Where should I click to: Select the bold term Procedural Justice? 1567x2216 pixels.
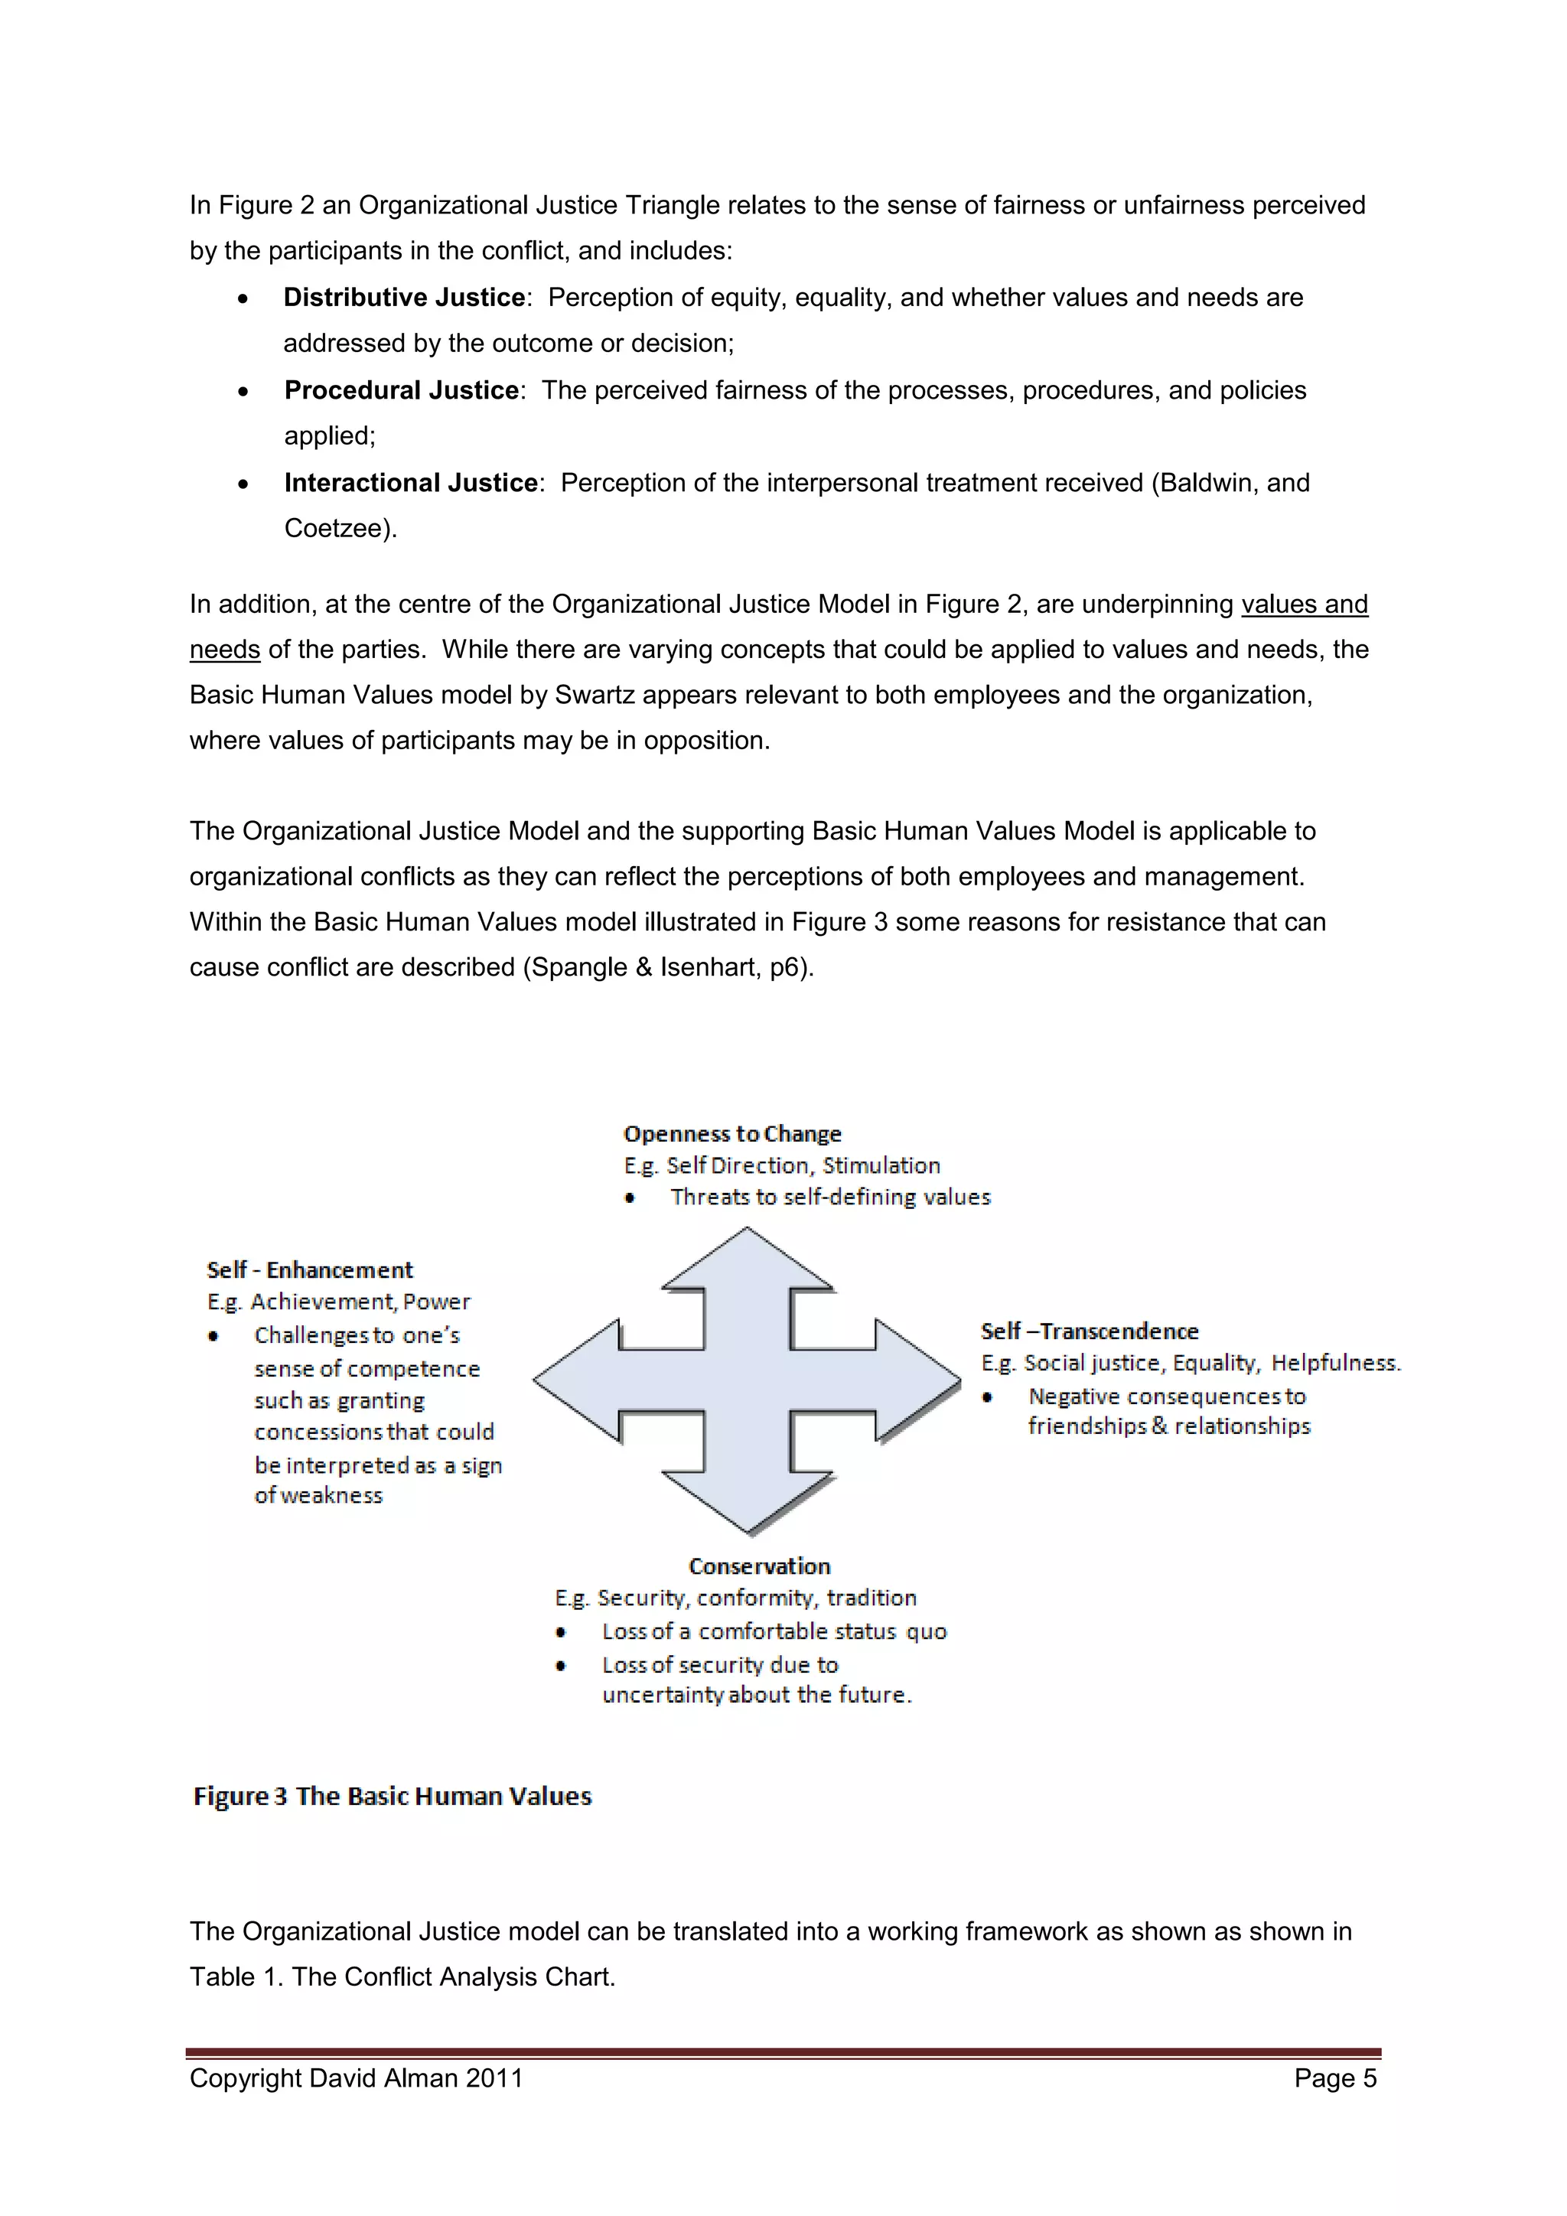pos(402,390)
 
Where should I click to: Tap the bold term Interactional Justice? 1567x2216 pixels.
pos(411,483)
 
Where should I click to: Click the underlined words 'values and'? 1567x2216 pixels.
pos(1304,605)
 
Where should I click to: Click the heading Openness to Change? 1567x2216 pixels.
pos(732,1133)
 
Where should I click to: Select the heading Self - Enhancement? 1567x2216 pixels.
pos(310,1269)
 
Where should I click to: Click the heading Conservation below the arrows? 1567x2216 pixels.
pos(759,1566)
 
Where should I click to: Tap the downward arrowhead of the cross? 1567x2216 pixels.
pos(748,1501)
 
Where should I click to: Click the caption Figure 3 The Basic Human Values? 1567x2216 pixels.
pos(393,1796)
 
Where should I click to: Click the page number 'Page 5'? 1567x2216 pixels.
pos(1334,2078)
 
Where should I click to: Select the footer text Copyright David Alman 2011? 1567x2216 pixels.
pos(356,2078)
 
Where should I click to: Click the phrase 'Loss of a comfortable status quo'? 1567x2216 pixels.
pos(774,1631)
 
